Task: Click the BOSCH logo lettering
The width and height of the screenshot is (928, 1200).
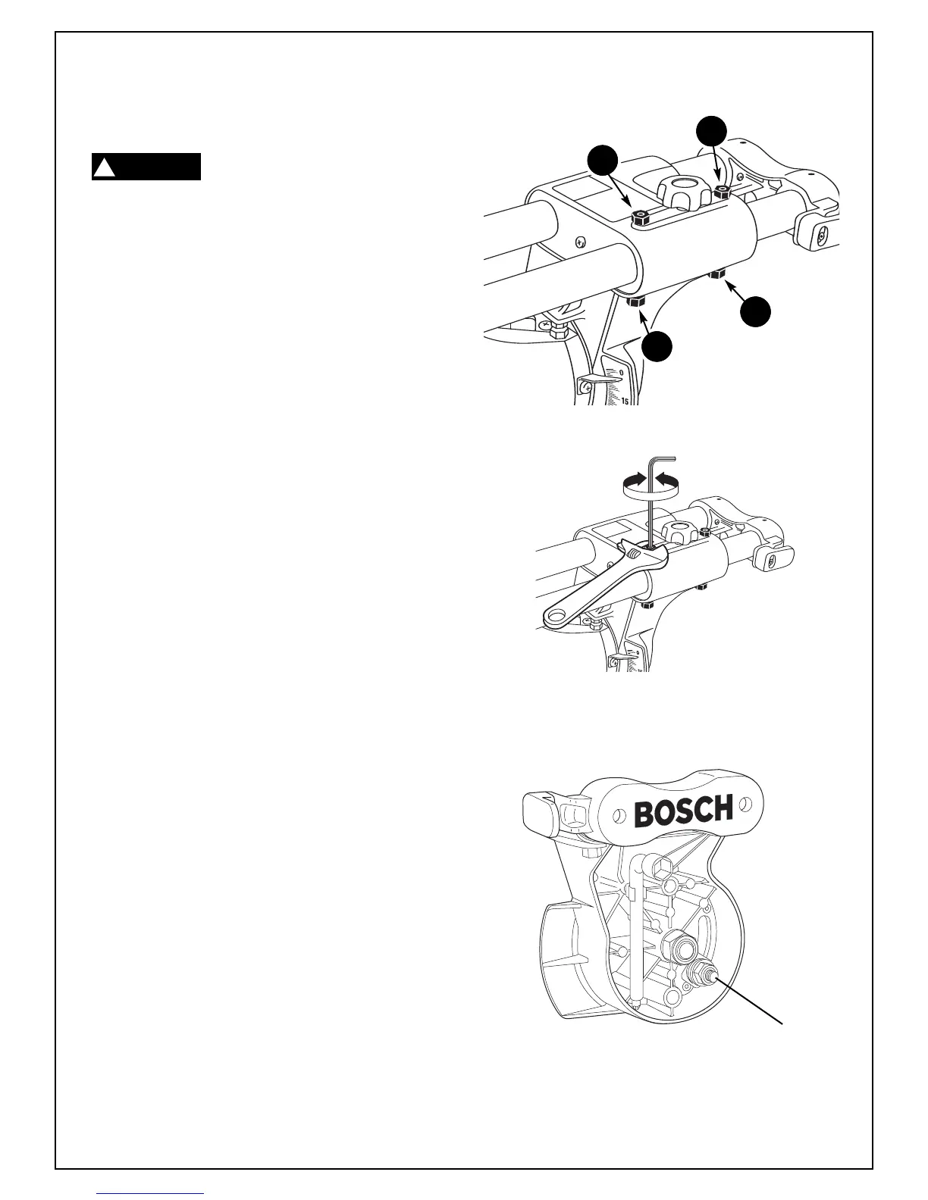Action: tap(683, 812)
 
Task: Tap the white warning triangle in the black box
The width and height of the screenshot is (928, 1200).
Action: tap(104, 167)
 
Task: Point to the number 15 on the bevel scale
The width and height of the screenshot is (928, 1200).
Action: tap(626, 400)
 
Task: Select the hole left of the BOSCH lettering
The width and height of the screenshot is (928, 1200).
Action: tap(619, 815)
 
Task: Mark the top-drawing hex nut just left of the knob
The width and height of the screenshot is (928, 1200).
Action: tap(641, 218)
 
